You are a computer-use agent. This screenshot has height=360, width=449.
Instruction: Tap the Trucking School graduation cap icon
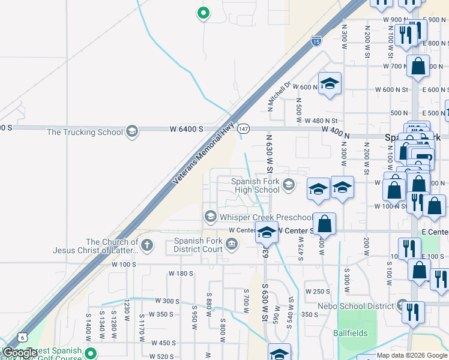point(131,132)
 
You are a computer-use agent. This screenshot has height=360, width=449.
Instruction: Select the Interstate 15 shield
point(316,41)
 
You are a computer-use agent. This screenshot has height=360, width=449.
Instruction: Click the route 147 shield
point(243,128)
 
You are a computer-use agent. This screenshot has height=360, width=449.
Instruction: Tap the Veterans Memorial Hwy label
point(195,154)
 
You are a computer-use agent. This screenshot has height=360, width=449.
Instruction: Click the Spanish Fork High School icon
point(289,184)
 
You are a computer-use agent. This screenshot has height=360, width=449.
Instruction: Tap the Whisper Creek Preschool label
point(266,217)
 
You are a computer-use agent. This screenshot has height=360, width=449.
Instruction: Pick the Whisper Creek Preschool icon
point(210,216)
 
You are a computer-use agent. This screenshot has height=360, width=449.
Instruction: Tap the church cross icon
point(146,244)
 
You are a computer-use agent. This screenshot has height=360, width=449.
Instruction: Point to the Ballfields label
point(351,332)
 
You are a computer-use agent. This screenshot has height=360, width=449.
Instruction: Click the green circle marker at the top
point(203,12)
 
